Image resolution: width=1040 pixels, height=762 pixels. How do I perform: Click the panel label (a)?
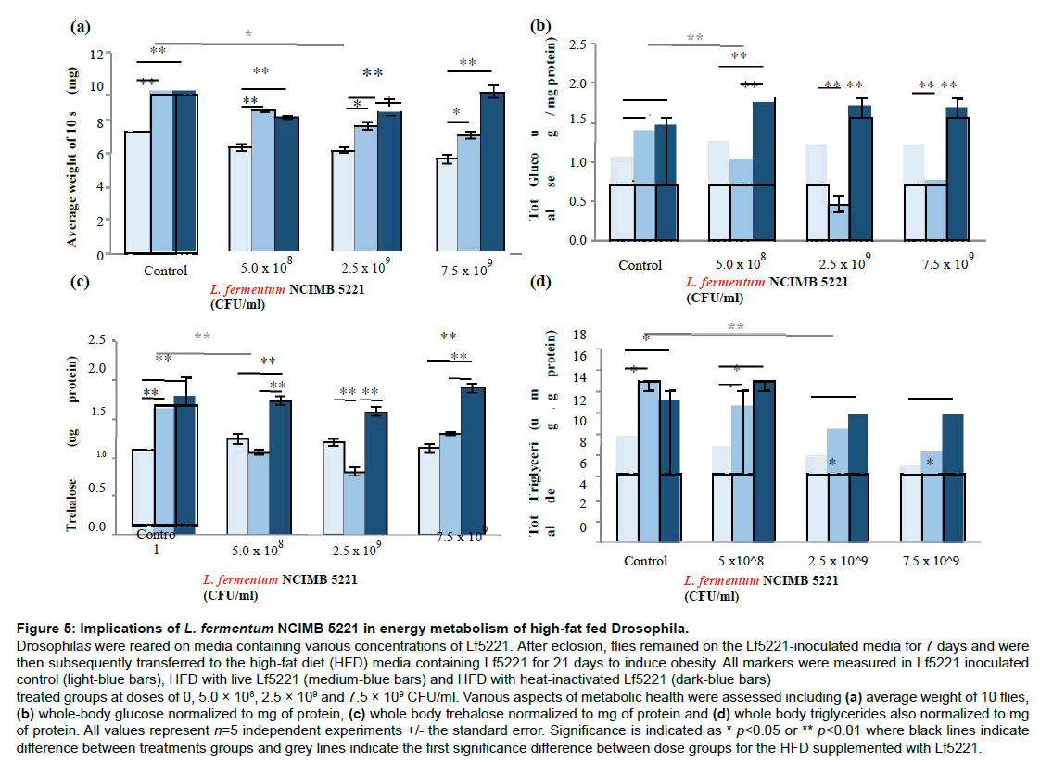(x=81, y=27)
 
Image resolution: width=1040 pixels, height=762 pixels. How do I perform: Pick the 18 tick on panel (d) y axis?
(x=580, y=335)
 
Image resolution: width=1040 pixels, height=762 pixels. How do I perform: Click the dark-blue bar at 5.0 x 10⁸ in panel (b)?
(x=763, y=171)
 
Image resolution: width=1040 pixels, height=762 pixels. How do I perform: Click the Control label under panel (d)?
(x=646, y=561)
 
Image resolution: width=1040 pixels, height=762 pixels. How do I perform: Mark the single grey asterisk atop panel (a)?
(x=247, y=34)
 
